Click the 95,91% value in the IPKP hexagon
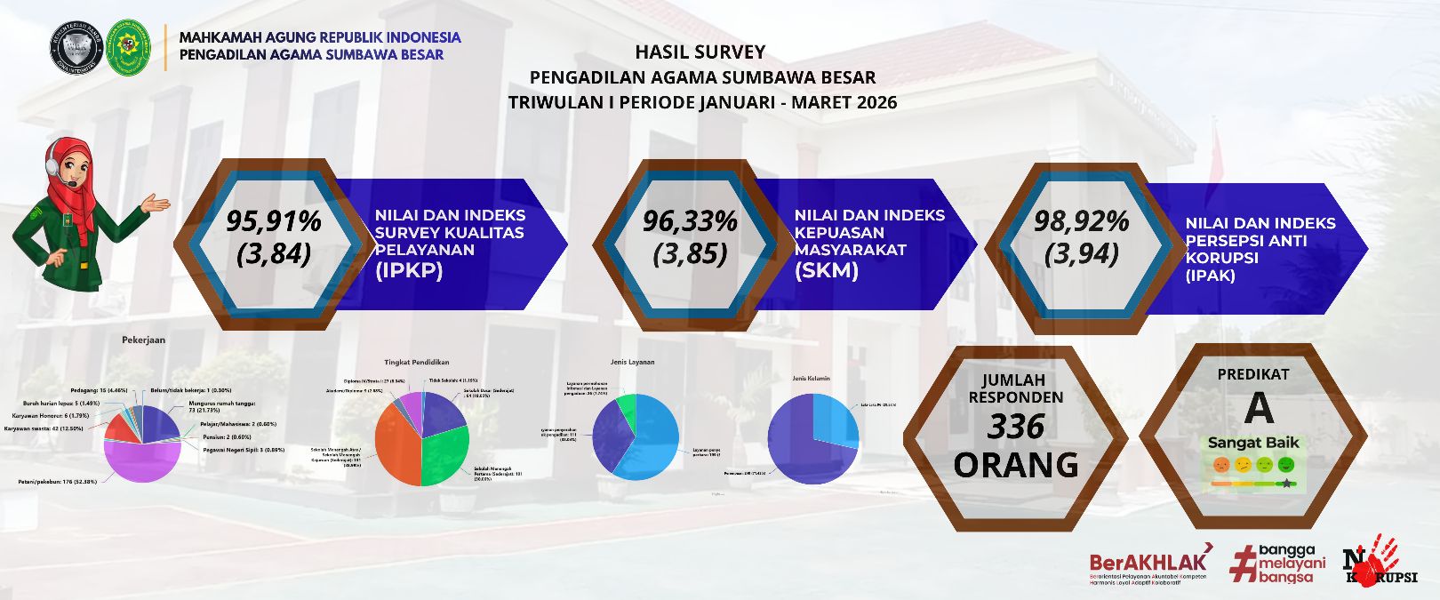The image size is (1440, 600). [x=273, y=220]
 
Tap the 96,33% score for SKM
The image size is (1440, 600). [x=690, y=220]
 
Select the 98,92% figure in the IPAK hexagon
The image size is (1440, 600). [x=1081, y=220]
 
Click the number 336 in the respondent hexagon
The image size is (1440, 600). [x=1016, y=428]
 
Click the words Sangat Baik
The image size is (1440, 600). [x=1253, y=442]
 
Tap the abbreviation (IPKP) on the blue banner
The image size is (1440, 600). [x=409, y=271]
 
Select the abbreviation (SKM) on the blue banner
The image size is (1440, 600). [x=827, y=271]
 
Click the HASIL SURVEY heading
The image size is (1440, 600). [x=700, y=52]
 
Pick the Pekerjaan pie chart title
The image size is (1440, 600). [x=143, y=340]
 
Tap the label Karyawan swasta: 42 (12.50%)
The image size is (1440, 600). [x=44, y=428]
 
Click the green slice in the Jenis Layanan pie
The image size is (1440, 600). [x=627, y=409]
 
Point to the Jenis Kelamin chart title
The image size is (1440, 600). [x=811, y=379]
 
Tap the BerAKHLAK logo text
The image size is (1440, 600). [x=1148, y=562]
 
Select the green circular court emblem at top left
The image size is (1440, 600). [x=129, y=48]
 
